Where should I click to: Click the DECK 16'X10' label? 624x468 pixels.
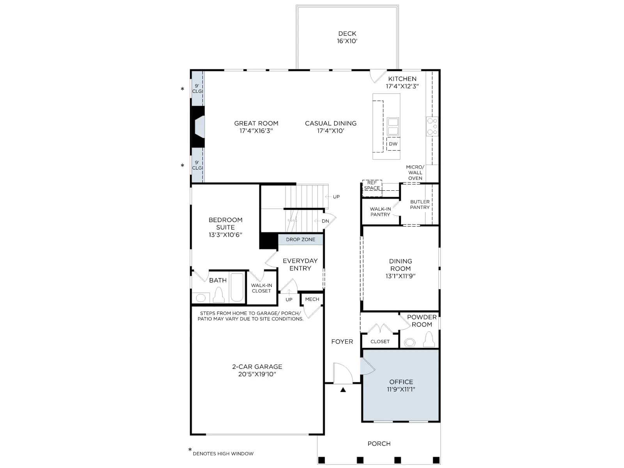pos(347,37)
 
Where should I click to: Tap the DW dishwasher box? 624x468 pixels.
pos(393,144)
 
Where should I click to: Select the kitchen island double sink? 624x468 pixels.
pos(393,126)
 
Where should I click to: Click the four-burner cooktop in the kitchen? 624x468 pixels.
pos(432,126)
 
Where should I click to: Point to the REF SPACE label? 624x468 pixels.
pos(372,185)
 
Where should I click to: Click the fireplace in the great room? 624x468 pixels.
pos(198,127)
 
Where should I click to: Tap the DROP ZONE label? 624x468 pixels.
pos(300,239)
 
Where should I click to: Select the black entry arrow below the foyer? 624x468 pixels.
pos(343,390)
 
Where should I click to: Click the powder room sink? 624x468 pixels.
pos(409,342)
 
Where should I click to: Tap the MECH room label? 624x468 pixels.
pos(312,299)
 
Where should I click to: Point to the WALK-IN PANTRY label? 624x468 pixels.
pos(380,212)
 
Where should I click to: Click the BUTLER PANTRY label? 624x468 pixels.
pos(420,205)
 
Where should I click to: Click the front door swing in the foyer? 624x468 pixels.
pos(343,373)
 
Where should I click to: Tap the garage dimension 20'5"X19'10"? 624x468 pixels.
pos(257,374)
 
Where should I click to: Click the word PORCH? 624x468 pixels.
pos(379,443)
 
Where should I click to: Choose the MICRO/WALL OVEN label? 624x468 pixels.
pos(415,172)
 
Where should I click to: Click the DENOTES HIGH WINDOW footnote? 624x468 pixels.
pos(223,454)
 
